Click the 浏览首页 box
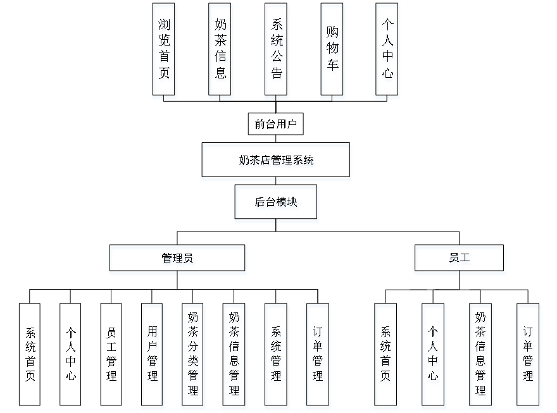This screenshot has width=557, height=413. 164,51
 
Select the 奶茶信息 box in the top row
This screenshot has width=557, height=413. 221,51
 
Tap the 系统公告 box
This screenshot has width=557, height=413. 277,51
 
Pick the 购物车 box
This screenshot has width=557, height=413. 334,51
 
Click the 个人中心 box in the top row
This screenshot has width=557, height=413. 388,51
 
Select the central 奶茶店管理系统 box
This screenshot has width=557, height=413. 276,162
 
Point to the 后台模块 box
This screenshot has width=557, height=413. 277,204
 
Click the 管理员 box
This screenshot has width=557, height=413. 178,260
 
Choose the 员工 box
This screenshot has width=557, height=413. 460,260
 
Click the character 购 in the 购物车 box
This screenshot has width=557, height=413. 334,34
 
